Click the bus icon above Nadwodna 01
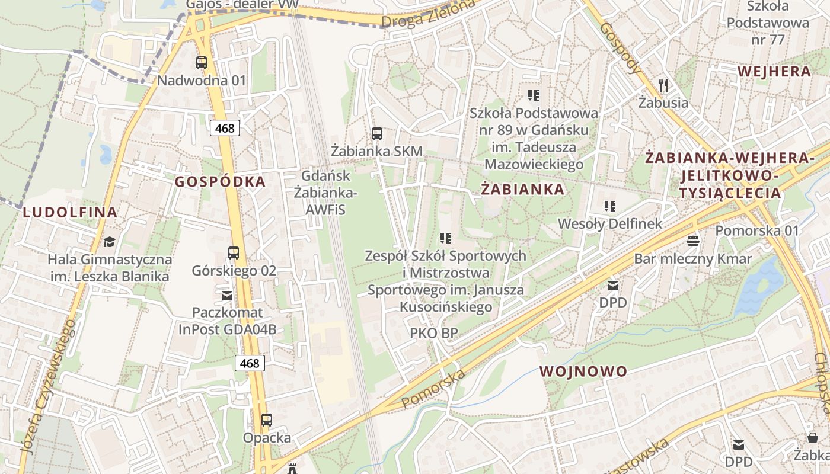pyautogui.click(x=202, y=62)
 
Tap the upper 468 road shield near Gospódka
pyautogui.click(x=225, y=127)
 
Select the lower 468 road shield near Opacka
pyautogui.click(x=250, y=363)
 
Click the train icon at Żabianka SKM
pyautogui.click(x=377, y=134)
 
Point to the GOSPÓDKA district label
pyautogui.click(x=220, y=182)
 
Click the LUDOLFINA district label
pyautogui.click(x=70, y=212)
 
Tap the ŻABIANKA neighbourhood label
pyautogui.click(x=522, y=190)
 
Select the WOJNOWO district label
pyautogui.click(x=583, y=371)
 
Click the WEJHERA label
pyautogui.click(x=774, y=72)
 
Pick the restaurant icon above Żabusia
pyautogui.click(x=663, y=85)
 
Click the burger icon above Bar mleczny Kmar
pyautogui.click(x=692, y=241)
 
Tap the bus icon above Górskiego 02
pyautogui.click(x=234, y=253)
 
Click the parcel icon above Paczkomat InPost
pyautogui.click(x=226, y=294)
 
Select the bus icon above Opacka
pyautogui.click(x=267, y=420)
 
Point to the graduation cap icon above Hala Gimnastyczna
pyautogui.click(x=109, y=242)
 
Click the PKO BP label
pyautogui.click(x=434, y=333)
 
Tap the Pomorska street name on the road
pyautogui.click(x=433, y=389)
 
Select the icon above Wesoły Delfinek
pyautogui.click(x=610, y=206)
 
